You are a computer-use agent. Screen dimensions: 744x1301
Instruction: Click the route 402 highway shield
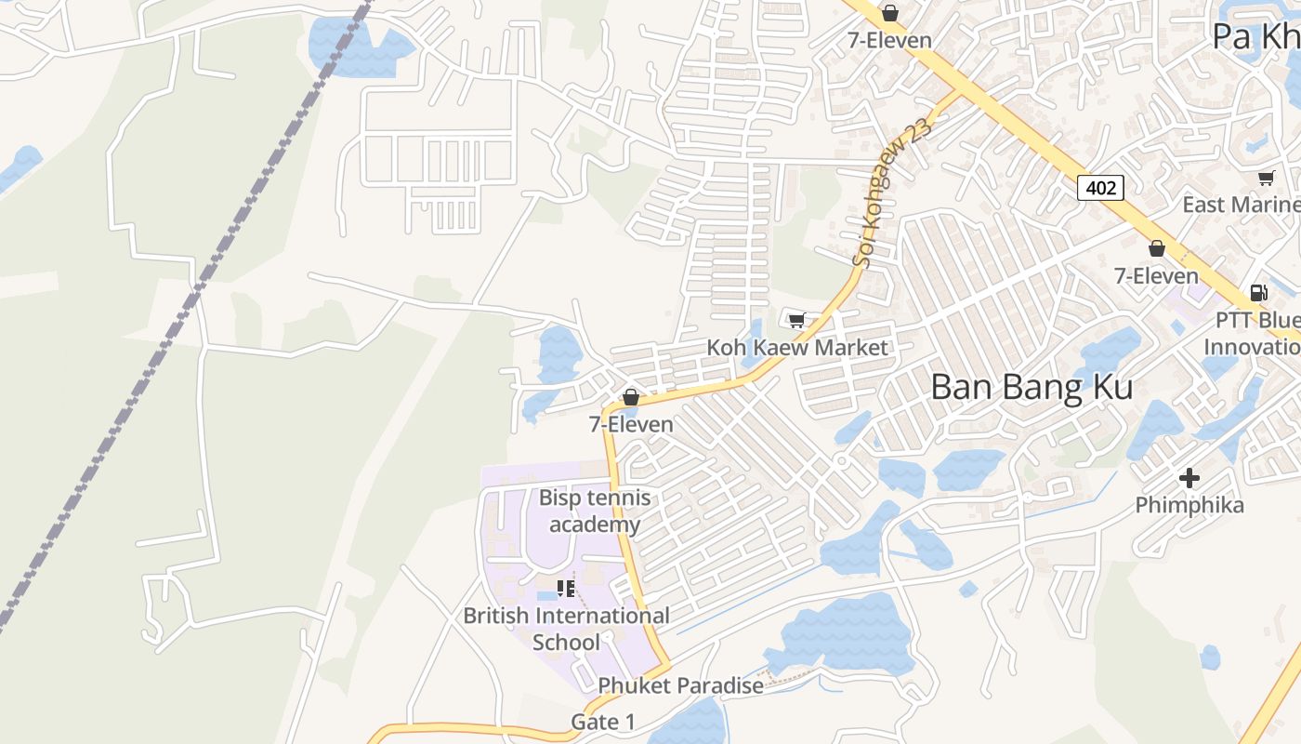(1101, 188)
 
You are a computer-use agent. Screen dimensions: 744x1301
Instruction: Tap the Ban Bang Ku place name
(1032, 387)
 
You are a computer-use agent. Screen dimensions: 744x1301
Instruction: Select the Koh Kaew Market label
(797, 348)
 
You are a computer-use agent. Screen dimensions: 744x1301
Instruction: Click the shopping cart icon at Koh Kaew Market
(796, 321)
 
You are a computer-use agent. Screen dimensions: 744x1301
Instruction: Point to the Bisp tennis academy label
(595, 511)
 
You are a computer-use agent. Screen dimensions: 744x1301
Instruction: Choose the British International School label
(566, 629)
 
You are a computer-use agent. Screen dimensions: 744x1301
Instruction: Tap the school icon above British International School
(566, 588)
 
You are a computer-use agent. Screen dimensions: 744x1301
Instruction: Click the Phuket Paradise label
(680, 685)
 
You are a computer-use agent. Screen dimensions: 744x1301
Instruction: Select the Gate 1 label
(603, 722)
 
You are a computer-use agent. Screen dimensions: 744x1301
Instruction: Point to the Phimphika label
(1189, 506)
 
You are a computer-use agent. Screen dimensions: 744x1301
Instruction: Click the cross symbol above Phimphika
(1189, 479)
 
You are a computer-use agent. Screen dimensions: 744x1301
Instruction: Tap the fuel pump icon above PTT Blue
(1259, 293)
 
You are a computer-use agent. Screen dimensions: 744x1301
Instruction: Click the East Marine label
(1241, 205)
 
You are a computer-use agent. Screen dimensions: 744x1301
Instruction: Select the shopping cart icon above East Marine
(1266, 178)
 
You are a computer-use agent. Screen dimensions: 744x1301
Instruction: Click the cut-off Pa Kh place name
(1255, 37)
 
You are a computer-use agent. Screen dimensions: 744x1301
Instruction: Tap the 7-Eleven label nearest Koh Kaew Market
(631, 424)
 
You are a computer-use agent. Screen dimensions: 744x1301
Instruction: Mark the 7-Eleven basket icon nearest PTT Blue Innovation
(1157, 249)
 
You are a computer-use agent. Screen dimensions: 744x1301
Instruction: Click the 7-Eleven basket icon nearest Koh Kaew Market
(631, 398)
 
